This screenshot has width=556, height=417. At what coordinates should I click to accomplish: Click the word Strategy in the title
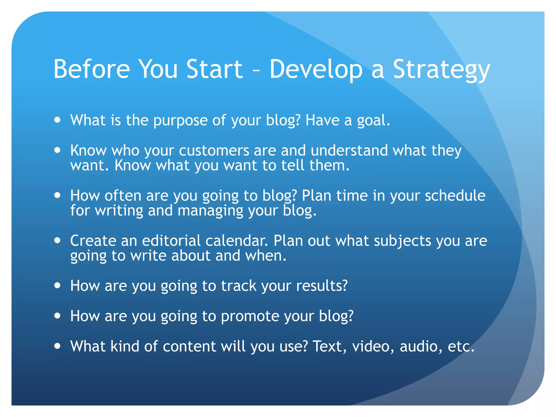[441, 70]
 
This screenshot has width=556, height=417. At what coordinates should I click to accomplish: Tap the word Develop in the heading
[316, 70]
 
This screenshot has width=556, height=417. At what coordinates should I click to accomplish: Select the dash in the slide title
[256, 71]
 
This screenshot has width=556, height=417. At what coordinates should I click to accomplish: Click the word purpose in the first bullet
[180, 121]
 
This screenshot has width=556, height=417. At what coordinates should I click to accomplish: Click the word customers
[214, 151]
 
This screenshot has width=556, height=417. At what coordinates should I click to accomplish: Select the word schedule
[455, 195]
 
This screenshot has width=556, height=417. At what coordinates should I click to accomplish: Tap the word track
[239, 286]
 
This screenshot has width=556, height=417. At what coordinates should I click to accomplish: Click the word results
[322, 286]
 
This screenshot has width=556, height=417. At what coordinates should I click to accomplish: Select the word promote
[250, 317]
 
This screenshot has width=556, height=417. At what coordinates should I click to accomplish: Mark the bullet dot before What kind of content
[57, 346]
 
